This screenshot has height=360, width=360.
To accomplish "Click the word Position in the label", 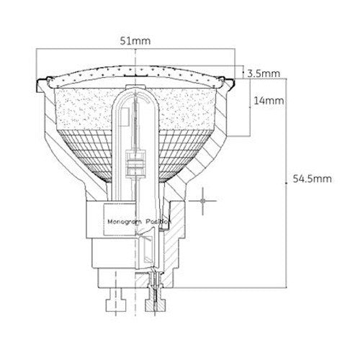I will pos(155,222).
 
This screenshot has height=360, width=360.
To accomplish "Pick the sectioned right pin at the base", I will pos(154,295).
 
